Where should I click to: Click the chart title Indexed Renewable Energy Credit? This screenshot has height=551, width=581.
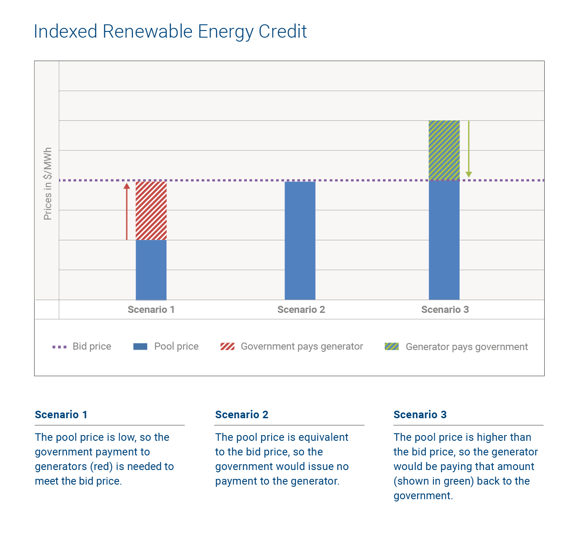click(x=170, y=32)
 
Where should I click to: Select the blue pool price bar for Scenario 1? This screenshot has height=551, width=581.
click(x=151, y=270)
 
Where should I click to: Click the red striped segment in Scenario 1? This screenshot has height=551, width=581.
click(x=151, y=211)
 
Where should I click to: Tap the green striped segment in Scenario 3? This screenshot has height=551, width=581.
click(x=444, y=150)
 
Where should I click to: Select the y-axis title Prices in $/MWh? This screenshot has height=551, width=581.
click(x=48, y=184)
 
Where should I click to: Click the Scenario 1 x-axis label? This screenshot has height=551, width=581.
click(x=151, y=310)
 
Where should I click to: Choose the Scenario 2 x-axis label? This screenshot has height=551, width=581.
click(x=301, y=310)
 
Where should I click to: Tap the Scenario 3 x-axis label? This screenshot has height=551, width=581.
click(x=445, y=310)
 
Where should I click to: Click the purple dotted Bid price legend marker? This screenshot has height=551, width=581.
click(x=59, y=347)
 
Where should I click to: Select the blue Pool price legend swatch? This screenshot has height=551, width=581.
click(x=140, y=347)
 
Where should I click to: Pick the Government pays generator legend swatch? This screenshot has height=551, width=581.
click(x=227, y=347)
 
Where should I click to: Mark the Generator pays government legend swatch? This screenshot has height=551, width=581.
click(x=392, y=347)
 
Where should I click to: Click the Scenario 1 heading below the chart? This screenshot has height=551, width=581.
click(x=61, y=415)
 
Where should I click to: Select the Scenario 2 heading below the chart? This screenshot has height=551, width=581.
click(x=242, y=415)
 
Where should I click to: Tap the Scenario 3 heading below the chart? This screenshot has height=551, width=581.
click(x=420, y=415)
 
